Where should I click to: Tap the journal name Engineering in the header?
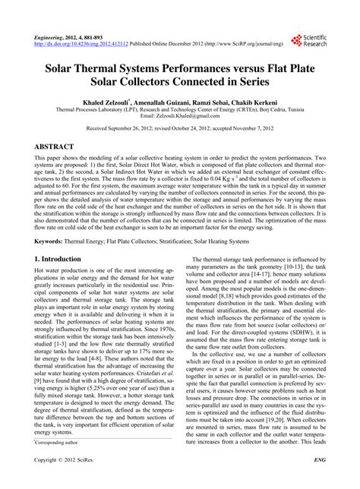pyautogui.click(x=51, y=36)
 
